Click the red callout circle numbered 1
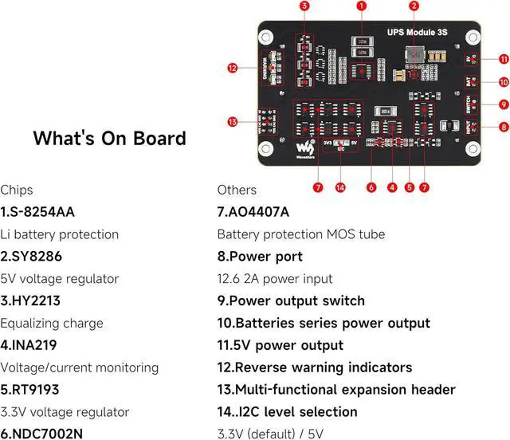[x=362, y=6]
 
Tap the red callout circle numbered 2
[x=414, y=6]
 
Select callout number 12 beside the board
[x=232, y=69]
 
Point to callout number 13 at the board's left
[x=232, y=122]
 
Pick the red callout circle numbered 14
[x=340, y=187]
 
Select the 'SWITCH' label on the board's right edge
[x=468, y=104]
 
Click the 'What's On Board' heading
[x=110, y=138]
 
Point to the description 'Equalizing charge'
[x=52, y=323]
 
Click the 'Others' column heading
[x=237, y=190]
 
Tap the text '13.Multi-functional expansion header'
[x=336, y=390]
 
